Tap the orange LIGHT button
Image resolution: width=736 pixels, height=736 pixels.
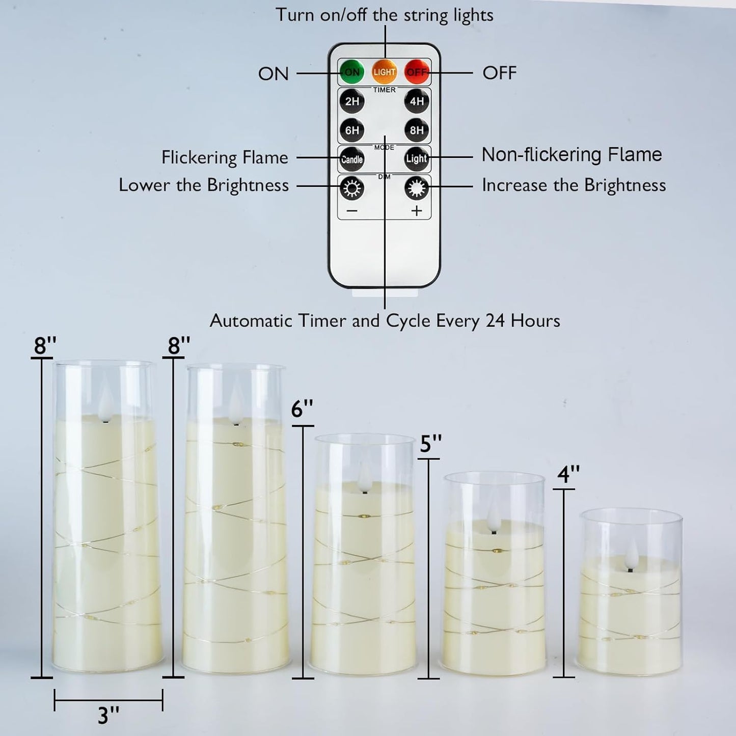coord(384,72)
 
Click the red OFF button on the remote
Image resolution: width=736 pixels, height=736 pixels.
coord(417,72)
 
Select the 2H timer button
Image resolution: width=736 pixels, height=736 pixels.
coord(352,101)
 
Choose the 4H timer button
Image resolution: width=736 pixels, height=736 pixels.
coord(417,101)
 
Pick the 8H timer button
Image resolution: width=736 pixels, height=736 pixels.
coord(417,130)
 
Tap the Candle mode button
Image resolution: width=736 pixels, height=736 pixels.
coord(352,159)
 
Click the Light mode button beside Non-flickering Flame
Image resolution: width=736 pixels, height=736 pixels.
coord(416,159)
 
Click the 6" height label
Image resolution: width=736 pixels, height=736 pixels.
coord(302,409)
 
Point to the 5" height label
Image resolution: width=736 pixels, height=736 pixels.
coord(430,444)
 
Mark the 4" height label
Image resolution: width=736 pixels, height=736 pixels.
coord(568,475)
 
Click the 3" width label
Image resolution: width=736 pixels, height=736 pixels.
coord(108,715)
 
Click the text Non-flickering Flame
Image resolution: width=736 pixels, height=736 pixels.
coord(571,154)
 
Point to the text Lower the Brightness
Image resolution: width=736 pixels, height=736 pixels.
coord(204,185)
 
